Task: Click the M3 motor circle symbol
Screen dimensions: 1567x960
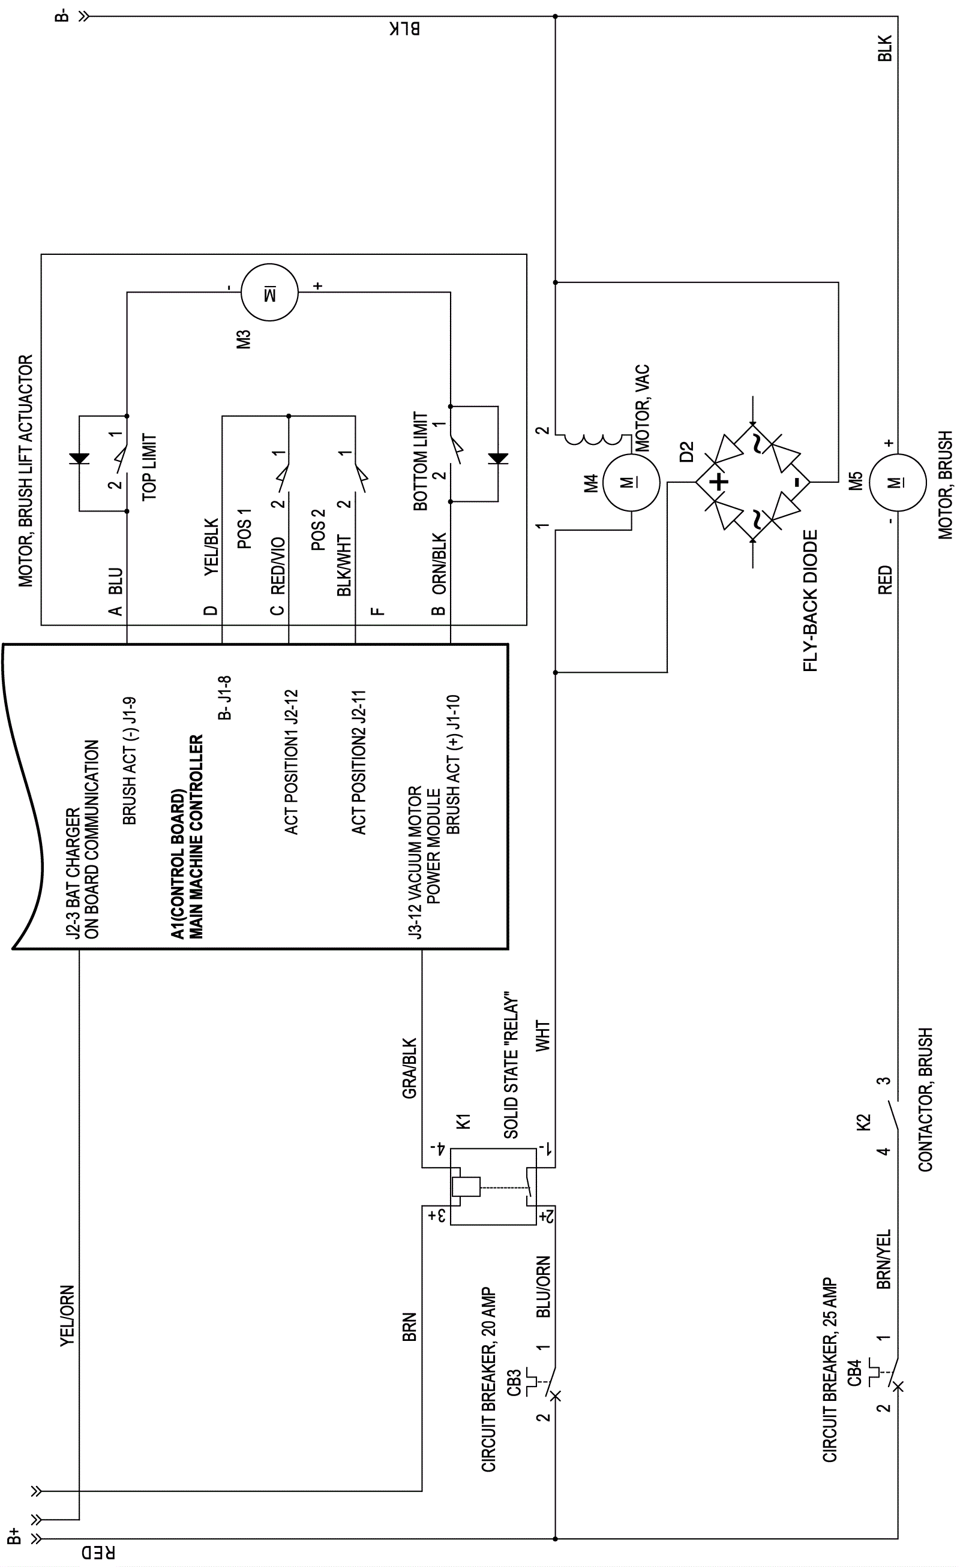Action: [x=269, y=293]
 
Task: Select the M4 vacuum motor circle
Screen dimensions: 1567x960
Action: [x=631, y=482]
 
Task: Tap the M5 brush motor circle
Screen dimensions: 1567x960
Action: [x=897, y=482]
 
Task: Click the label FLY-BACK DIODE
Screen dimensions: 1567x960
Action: [x=810, y=601]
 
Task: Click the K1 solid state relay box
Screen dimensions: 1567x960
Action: [x=493, y=1186]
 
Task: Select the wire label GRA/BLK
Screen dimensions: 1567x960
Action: [x=410, y=1068]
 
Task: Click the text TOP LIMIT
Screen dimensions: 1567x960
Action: [x=149, y=467]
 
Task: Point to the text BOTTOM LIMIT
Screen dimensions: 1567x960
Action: [x=421, y=461]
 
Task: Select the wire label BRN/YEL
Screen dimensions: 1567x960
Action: [x=884, y=1259]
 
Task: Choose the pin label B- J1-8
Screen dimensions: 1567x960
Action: [x=224, y=697]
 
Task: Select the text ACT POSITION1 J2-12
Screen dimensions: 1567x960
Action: [x=292, y=762]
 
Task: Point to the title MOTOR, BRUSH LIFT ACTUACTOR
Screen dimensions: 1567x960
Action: [x=25, y=471]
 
